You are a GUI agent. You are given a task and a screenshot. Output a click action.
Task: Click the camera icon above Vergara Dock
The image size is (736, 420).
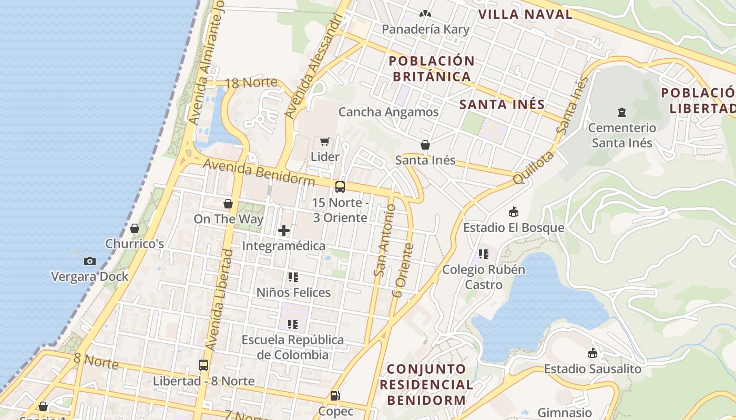click(90, 261)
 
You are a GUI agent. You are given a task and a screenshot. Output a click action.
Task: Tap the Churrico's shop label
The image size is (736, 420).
click(135, 244)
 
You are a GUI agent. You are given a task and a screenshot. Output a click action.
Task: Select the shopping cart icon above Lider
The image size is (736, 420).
click(324, 141)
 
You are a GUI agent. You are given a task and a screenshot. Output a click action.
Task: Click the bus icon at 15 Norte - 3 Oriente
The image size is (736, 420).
click(340, 187)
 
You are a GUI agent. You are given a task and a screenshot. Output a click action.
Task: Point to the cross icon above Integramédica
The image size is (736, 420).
click(284, 230)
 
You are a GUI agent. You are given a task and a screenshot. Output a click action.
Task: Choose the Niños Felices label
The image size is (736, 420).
click(293, 292)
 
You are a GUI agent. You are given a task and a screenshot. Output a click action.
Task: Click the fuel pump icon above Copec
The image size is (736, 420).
click(335, 396)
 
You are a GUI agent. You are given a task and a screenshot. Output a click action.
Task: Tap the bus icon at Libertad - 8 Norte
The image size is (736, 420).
click(203, 365)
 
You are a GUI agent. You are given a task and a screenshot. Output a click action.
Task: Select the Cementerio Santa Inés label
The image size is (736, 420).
click(622, 135)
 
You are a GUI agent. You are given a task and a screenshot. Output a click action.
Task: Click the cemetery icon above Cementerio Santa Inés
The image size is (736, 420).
click(622, 112)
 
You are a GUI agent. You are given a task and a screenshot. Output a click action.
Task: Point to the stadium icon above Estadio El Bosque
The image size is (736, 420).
click(514, 212)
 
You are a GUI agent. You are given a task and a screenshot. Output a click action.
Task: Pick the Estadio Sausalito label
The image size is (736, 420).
click(592, 369)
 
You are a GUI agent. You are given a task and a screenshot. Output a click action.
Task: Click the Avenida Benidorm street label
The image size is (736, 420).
click(259, 173)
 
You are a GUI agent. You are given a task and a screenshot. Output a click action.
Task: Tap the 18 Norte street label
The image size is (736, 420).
click(251, 82)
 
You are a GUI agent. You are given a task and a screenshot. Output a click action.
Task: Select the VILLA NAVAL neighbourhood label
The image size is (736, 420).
click(525, 14)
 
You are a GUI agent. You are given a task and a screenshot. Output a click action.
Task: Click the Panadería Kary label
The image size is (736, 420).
click(425, 29)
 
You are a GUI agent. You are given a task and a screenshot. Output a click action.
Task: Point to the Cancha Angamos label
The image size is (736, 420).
click(388, 112)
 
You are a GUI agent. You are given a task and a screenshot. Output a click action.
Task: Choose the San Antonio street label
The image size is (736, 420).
click(385, 240)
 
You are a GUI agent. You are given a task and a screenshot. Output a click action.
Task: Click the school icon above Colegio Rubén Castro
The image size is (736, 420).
click(484, 254)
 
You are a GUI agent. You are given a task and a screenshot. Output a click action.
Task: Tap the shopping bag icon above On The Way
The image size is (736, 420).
click(228, 204)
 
